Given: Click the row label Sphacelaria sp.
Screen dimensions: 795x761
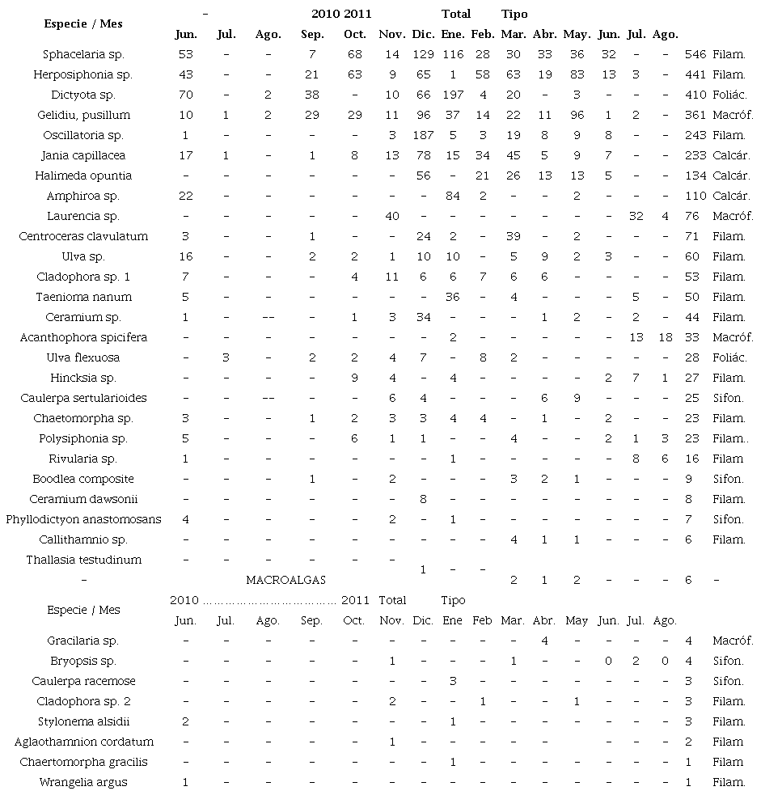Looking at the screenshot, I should pos(83,54).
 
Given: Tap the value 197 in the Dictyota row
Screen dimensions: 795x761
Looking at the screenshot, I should pos(453,95).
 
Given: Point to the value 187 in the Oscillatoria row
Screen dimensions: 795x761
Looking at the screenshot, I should pos(422,135).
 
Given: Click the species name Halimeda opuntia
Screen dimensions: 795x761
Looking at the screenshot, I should pos(83,175).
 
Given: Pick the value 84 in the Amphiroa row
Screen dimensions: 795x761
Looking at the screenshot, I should pos(453,196).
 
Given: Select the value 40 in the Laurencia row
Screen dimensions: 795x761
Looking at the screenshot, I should pos(392,216).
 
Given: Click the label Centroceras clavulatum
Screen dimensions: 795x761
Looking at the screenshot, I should pos(83,236).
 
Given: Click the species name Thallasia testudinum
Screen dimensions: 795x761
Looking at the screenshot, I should pos(83,560).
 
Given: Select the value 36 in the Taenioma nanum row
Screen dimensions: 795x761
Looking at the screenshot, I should pos(453,297).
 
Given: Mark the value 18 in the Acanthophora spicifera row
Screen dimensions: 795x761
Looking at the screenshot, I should pos(665,337).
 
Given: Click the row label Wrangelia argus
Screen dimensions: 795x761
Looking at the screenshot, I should pos(83,782).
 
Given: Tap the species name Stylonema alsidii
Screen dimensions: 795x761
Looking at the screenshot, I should pos(83,721).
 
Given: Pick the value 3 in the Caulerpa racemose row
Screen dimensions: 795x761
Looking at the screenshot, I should pos(453,681).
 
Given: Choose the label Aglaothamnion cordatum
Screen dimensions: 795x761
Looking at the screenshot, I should pos(83,742).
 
